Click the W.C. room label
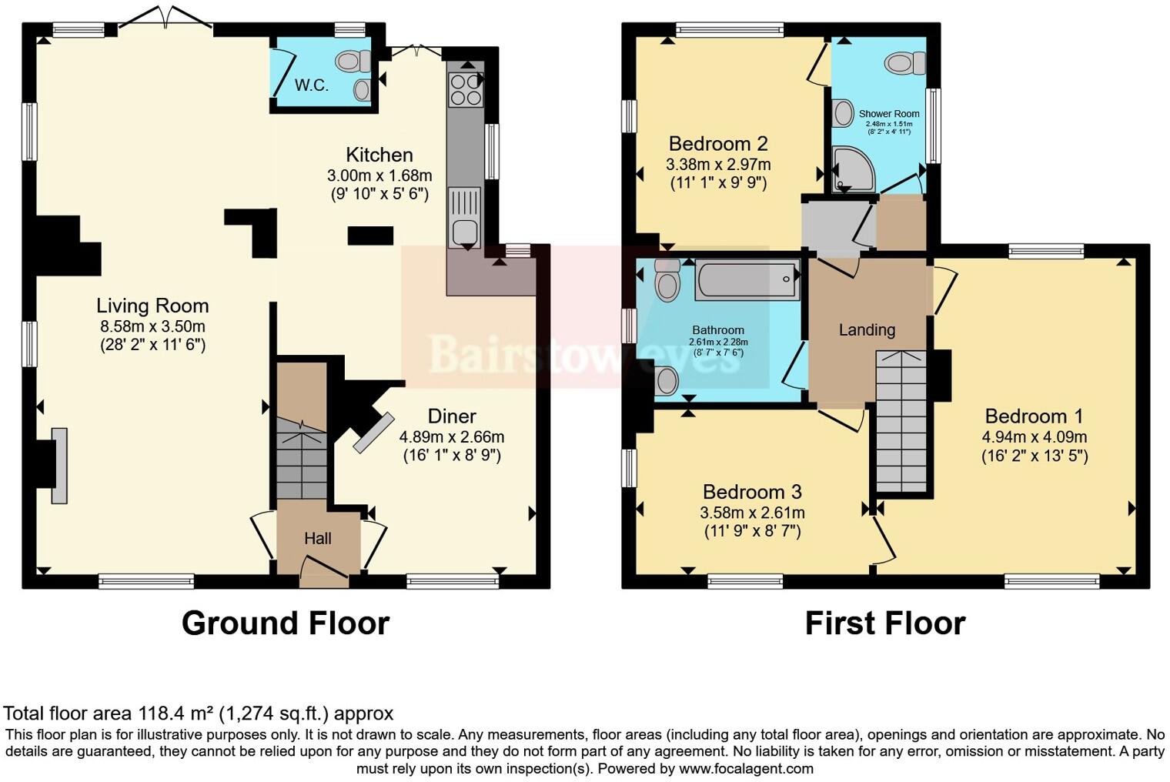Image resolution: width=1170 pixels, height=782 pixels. point(312,85)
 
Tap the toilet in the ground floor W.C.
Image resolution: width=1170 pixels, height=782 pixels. point(354,60)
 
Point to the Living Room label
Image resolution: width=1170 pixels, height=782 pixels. point(152,306)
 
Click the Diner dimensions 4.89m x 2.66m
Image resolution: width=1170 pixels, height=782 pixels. point(452,436)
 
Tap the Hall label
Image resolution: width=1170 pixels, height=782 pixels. point(317,538)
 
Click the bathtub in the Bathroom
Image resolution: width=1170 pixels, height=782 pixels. point(747,280)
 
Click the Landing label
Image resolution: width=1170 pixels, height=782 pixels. point(867,330)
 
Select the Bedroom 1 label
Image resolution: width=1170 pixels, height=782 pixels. point(1034,416)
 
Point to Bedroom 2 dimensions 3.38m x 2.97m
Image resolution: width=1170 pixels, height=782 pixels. point(718,164)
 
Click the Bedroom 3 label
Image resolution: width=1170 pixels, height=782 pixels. point(752,492)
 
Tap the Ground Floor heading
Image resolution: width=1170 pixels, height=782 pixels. point(285,623)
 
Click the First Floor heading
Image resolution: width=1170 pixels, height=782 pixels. point(884,623)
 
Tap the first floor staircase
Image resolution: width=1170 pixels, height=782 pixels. point(901,420)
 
